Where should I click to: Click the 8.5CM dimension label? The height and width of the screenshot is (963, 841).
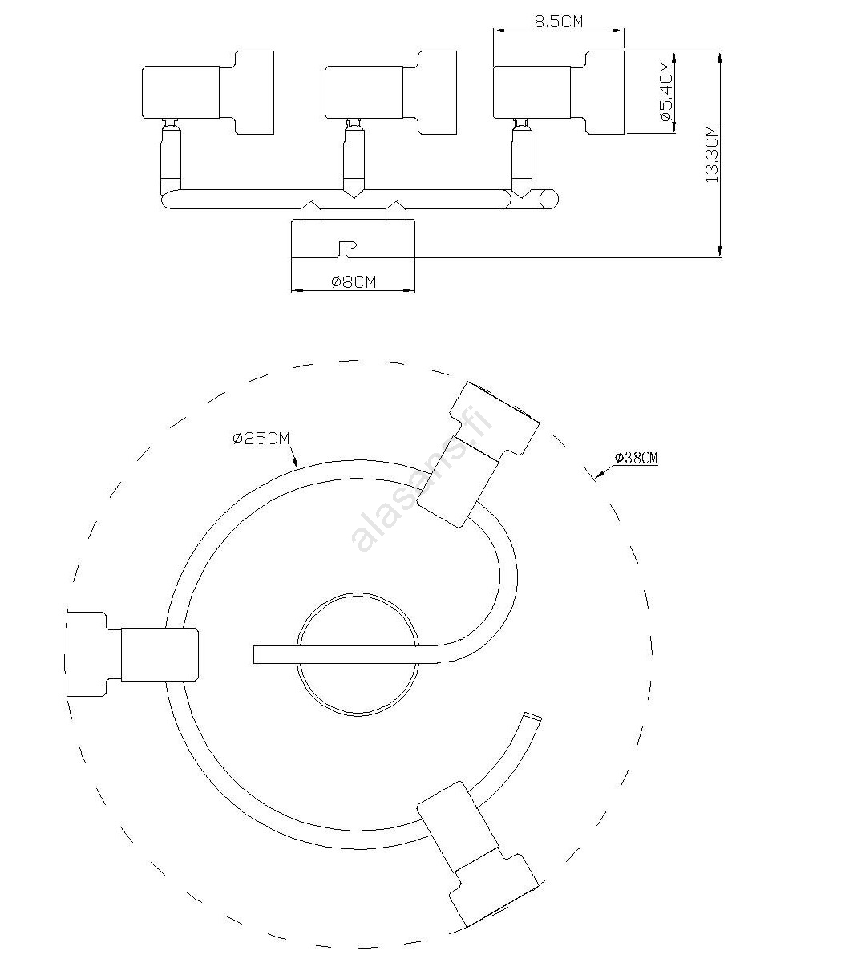tap(559, 21)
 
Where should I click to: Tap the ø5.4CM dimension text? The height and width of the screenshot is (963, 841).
tap(668, 91)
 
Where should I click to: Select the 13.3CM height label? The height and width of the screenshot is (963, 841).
tap(713, 155)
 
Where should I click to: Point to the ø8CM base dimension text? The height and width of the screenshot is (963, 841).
tap(354, 282)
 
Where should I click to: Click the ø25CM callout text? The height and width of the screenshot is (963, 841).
tap(261, 439)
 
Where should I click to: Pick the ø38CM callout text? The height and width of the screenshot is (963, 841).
tap(637, 458)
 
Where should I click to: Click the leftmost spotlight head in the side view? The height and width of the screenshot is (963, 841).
tap(208, 92)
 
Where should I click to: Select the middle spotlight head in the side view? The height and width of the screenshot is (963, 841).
tap(390, 92)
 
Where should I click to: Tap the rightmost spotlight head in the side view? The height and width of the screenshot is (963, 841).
tap(559, 92)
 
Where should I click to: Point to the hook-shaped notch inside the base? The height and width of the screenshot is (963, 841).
tap(347, 249)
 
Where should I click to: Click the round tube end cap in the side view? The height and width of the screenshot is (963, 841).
tap(548, 200)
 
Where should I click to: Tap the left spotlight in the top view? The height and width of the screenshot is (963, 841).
tap(132, 654)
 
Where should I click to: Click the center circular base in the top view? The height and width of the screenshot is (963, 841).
tap(358, 654)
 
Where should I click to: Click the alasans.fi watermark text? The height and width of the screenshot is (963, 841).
tap(422, 479)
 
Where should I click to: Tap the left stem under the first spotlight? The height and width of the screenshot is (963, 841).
tap(171, 154)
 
